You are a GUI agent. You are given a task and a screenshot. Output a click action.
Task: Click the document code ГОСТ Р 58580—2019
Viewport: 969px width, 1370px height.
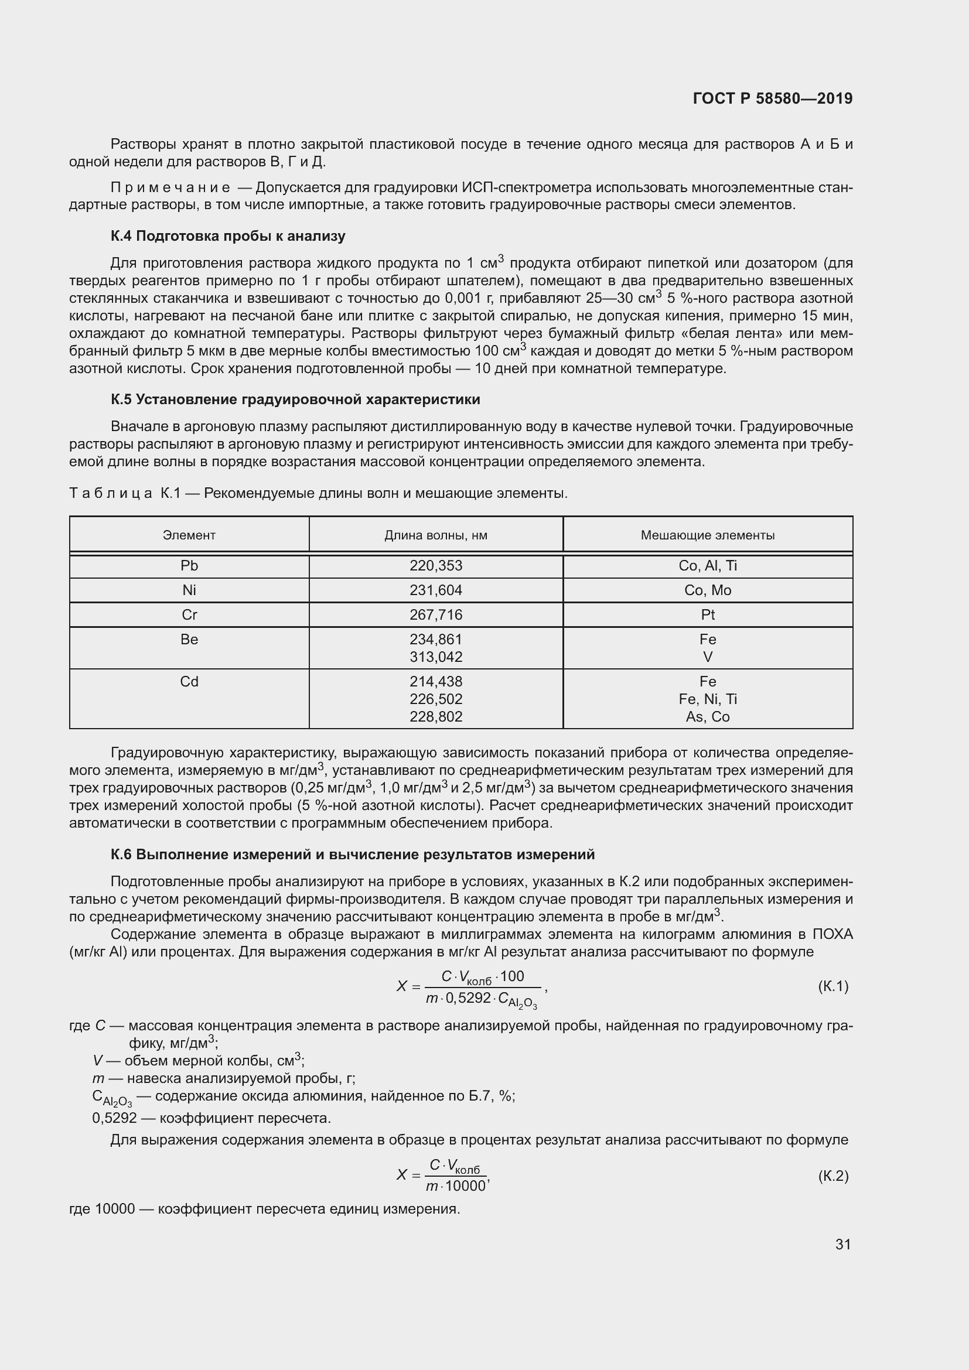point(772,98)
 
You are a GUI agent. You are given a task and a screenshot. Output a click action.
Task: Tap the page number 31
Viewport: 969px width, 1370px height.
point(842,1244)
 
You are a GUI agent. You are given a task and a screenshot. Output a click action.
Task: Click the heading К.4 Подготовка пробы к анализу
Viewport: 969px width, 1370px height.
point(228,236)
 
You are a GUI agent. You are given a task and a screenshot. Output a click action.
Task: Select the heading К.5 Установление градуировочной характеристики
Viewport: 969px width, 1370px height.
point(295,399)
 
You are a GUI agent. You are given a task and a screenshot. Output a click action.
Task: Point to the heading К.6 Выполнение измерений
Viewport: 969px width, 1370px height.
point(353,855)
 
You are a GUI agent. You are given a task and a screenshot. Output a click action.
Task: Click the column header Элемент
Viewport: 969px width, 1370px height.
point(189,535)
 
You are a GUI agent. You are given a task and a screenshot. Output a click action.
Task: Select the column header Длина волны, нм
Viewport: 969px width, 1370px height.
point(435,535)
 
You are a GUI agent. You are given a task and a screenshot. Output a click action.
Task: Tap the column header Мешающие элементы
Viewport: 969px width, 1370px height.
point(707,535)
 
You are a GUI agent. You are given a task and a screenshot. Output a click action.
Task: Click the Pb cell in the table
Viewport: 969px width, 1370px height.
point(189,566)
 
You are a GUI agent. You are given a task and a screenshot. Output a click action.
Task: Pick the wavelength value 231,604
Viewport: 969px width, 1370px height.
point(435,590)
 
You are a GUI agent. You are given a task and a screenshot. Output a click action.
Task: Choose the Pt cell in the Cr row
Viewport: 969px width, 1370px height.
point(708,614)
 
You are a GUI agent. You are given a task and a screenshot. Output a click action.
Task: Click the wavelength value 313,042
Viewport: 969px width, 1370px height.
point(435,657)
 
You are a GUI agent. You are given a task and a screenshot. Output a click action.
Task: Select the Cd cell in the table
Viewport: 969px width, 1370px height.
point(189,681)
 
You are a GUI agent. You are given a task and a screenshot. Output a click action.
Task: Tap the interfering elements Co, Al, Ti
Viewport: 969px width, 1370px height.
point(708,566)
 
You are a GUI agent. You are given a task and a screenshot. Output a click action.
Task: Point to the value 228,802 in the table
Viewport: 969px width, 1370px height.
point(435,716)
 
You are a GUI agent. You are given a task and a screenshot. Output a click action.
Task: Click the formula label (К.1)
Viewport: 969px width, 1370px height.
point(833,986)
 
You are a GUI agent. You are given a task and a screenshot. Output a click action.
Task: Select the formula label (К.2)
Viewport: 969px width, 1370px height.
point(833,1176)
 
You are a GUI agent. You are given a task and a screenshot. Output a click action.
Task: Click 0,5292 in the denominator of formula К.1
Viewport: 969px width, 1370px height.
point(469,998)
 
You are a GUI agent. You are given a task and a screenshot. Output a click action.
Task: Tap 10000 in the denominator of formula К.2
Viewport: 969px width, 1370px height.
point(465,1186)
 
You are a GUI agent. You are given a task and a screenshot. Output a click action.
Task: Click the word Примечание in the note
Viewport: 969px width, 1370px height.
point(170,188)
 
